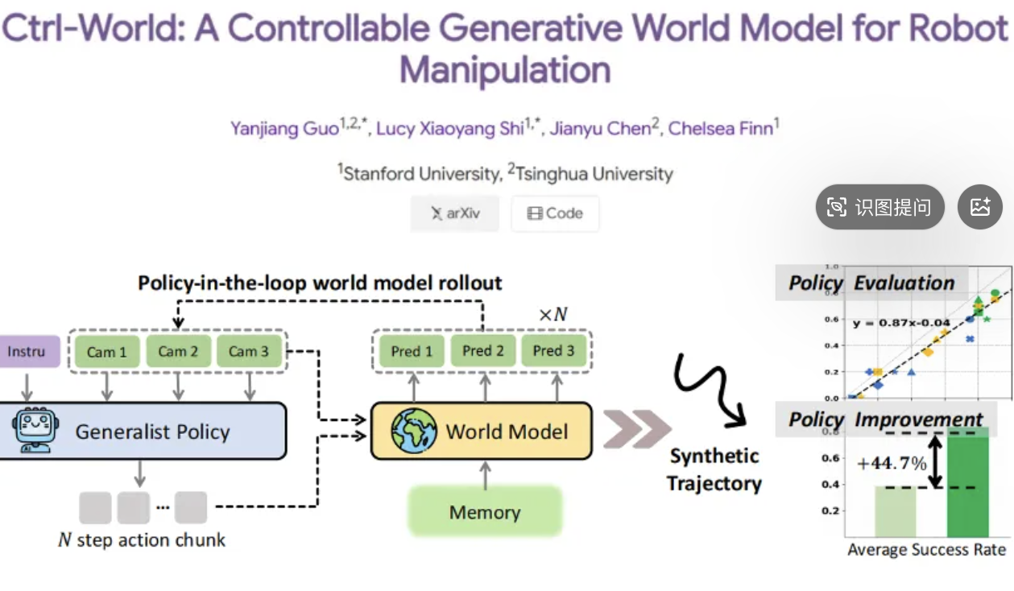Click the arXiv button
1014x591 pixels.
point(454,213)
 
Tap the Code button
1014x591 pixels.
point(555,213)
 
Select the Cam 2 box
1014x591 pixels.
point(178,351)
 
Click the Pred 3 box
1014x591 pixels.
point(554,351)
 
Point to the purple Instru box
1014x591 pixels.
point(27,352)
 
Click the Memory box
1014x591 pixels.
point(485,512)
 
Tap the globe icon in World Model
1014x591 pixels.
point(414,431)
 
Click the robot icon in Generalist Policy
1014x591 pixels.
point(33,432)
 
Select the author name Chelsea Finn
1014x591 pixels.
point(721,128)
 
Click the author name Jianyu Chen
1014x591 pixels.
point(599,128)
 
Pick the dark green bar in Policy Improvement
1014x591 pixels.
point(967,483)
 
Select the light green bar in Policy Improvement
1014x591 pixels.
point(896,511)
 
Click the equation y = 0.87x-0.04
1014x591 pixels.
point(901,323)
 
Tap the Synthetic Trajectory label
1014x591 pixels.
point(714,469)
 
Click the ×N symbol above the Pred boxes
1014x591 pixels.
point(553,314)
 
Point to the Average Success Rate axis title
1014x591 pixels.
point(926,550)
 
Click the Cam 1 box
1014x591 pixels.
point(107,351)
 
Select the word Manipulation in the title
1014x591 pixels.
point(505,70)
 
